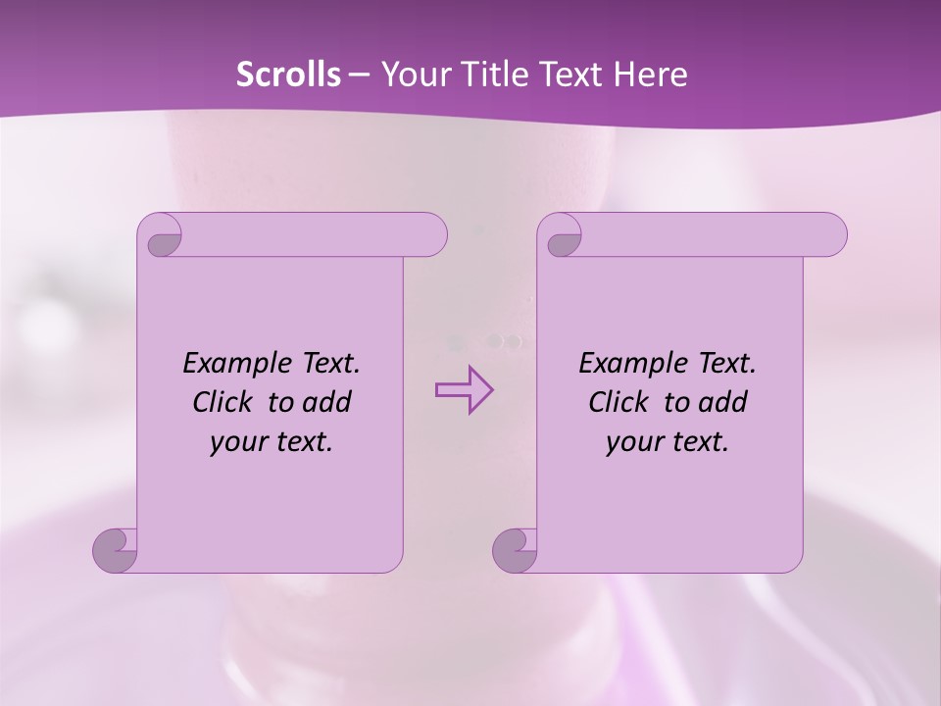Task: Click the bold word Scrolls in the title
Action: [x=288, y=75]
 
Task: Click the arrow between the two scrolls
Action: [x=464, y=390]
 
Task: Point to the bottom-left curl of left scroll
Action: [x=115, y=549]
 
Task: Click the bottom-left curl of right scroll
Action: [x=515, y=549]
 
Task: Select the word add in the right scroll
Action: [x=724, y=402]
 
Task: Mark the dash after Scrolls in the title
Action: [x=359, y=75]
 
